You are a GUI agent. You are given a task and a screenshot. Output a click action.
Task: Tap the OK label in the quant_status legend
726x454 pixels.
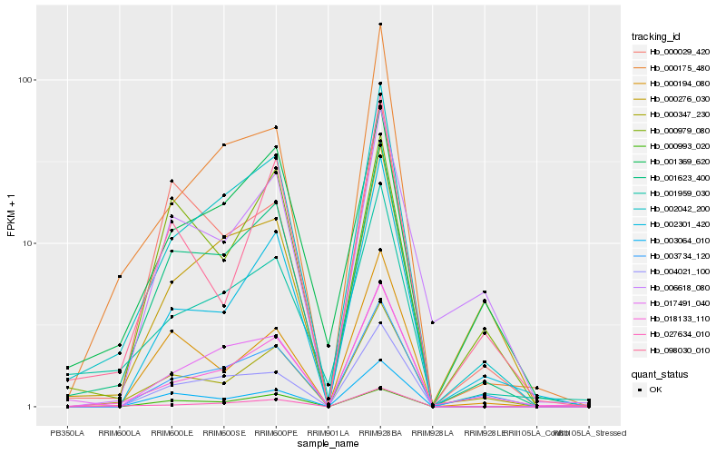coord(655,389)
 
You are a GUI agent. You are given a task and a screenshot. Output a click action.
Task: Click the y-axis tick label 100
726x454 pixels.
coord(25,80)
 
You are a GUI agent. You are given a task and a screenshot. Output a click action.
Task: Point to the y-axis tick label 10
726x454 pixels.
coord(27,243)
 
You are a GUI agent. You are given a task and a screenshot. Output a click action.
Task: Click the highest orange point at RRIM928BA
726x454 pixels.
coord(380,24)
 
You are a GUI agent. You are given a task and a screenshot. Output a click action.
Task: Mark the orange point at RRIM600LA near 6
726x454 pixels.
coord(120,276)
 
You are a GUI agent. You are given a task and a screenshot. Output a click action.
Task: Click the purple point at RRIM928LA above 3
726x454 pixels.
coord(433,322)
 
